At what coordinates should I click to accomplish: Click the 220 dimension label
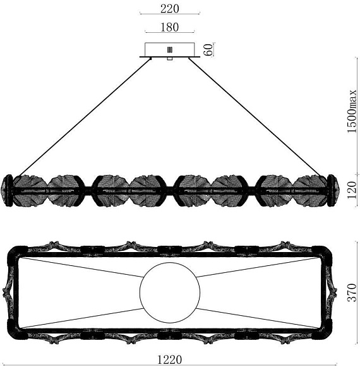click(x=170, y=9)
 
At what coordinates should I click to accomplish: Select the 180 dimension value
click(x=170, y=27)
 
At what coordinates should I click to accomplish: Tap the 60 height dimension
click(x=208, y=50)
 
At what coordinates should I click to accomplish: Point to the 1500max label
click(x=352, y=111)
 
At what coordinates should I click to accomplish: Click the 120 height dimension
click(x=352, y=190)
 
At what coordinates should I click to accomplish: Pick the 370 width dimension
click(x=352, y=292)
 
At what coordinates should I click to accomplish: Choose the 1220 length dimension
click(x=169, y=359)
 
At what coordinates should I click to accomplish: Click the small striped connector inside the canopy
click(x=170, y=50)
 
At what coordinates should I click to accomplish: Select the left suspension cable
click(x=85, y=117)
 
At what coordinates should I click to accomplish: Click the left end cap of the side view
click(x=8, y=191)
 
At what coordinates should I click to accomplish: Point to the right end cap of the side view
click(x=333, y=191)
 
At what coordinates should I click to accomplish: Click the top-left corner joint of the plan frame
click(x=18, y=253)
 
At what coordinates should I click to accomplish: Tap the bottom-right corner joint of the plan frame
click(x=322, y=330)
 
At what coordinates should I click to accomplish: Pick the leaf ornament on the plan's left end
click(x=8, y=292)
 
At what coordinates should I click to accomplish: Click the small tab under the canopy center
click(x=170, y=59)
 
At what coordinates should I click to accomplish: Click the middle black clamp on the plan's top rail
click(x=170, y=250)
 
